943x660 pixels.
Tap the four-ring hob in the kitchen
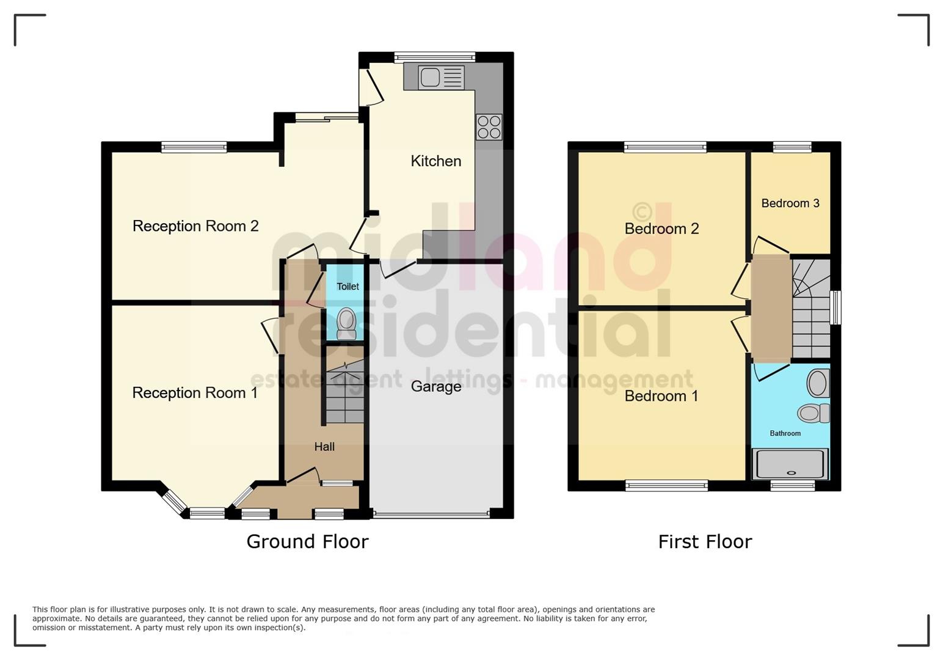pos(489,127)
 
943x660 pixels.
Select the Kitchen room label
pos(435,161)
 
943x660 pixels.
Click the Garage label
pos(435,386)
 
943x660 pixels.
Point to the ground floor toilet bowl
pos(346,323)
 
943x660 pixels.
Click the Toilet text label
pos(348,286)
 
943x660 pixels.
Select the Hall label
pos(324,447)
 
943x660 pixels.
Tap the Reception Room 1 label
pos(195,392)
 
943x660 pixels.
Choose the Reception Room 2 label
pos(195,226)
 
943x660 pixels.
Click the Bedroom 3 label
pos(790,203)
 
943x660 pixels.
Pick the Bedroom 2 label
pos(661,229)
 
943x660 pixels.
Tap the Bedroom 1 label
pos(661,396)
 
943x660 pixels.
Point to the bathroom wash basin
pos(818,384)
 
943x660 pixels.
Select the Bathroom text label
pos(785,433)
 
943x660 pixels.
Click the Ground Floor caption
pos(307,541)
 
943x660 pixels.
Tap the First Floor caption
pos(705,541)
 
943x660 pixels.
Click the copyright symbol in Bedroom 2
pos(642,211)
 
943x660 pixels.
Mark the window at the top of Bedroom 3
pos(792,147)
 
